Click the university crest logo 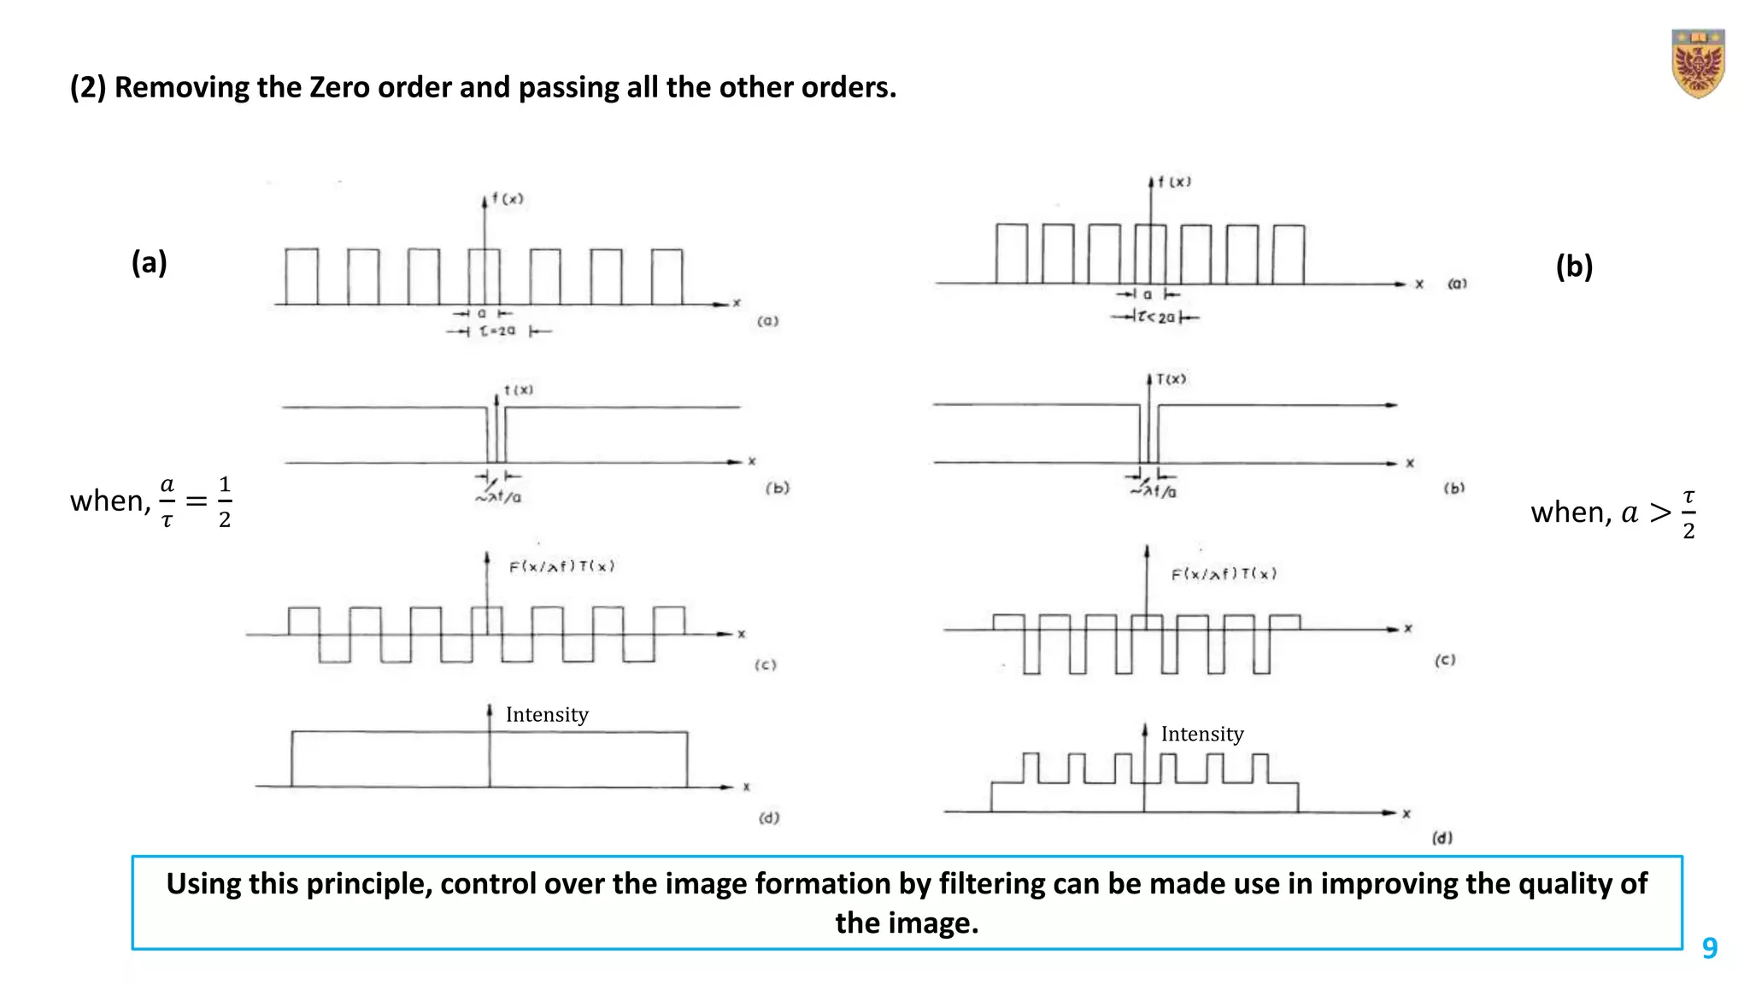point(1698,64)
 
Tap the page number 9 point(1709,948)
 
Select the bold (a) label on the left point(149,262)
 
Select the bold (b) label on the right point(1574,266)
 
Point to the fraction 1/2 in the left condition point(225,502)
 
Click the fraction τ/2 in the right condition point(1688,514)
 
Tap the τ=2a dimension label point(498,331)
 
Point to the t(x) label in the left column point(518,389)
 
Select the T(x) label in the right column point(1171,378)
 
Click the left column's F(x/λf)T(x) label point(561,566)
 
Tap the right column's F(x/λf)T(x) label point(1224,574)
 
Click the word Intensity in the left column point(547,714)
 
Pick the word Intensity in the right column point(1202,734)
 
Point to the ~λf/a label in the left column point(499,496)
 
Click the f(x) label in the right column point(1174,182)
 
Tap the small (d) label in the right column point(1442,838)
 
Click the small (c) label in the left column point(766,665)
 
